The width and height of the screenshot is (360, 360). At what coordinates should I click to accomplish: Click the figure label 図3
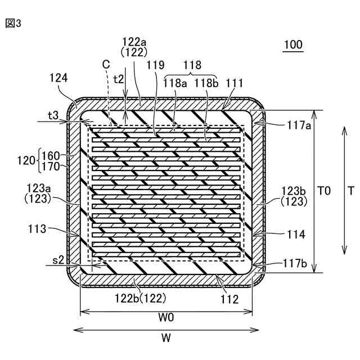pyautogui.click(x=13, y=24)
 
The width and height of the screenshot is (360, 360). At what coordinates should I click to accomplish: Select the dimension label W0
pyautogui.click(x=166, y=317)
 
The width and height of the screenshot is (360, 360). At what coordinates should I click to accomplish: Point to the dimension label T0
pyautogui.click(x=323, y=191)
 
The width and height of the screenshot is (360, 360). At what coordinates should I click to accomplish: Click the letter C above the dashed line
pyautogui.click(x=106, y=65)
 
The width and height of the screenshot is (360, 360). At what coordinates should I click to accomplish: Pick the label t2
pyautogui.click(x=119, y=79)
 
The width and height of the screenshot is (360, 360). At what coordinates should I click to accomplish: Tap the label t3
pyautogui.click(x=53, y=115)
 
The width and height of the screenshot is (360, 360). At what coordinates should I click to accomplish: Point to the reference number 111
pyautogui.click(x=234, y=83)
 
